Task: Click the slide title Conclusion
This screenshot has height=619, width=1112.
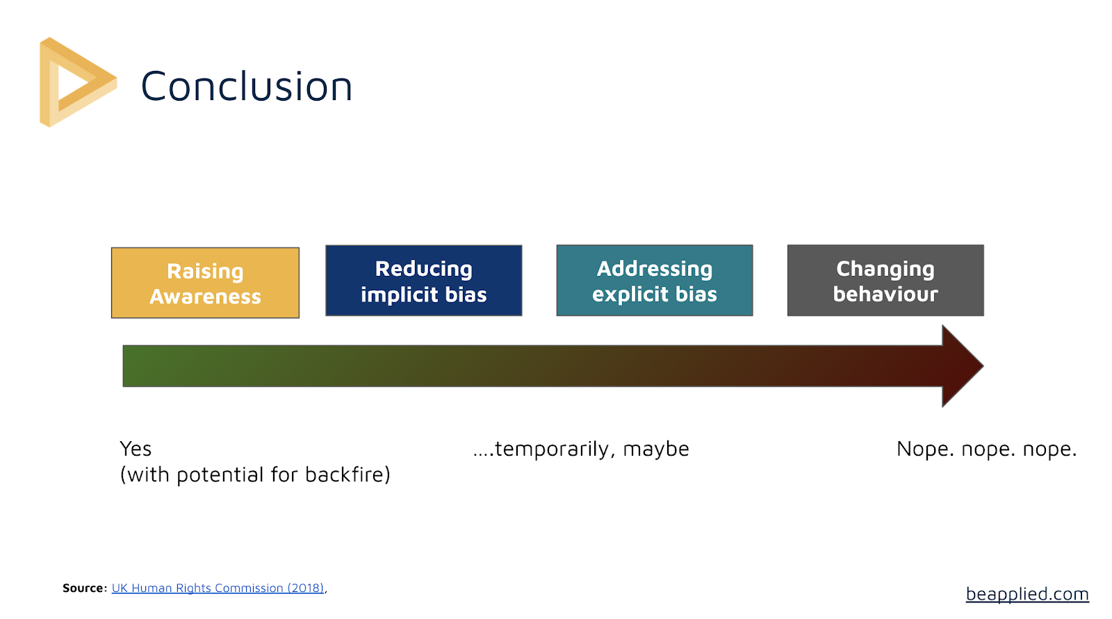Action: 247,86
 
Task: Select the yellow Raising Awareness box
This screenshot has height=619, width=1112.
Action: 205,283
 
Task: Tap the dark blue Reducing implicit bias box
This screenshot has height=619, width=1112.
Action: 423,281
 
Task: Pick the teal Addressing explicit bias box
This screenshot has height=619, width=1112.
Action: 654,281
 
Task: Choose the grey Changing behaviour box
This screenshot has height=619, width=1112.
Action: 885,281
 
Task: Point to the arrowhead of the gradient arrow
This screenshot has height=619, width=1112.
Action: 983,366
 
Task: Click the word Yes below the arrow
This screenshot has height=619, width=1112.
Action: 136,449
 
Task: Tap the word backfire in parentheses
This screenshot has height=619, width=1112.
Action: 347,474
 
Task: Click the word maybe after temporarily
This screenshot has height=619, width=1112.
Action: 656,449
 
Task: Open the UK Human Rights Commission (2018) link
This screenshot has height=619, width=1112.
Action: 218,588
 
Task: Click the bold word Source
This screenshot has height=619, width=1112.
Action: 83,588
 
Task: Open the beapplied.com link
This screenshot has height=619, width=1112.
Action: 1027,594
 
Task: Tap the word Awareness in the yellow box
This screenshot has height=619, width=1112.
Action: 205,297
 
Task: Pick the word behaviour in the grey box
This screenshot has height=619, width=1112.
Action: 885,294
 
